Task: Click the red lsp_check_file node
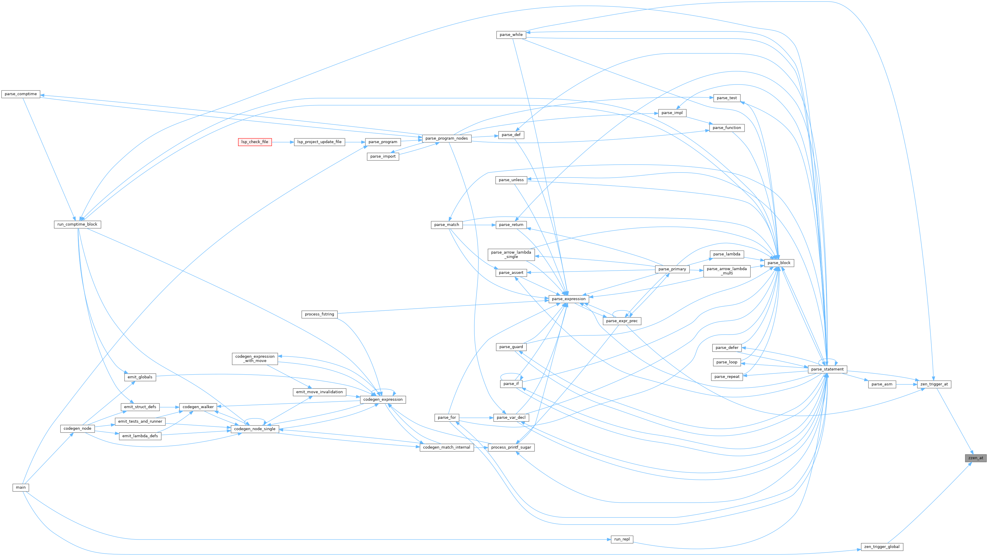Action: [x=255, y=142]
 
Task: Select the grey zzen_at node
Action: [x=975, y=458]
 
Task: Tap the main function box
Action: [x=21, y=487]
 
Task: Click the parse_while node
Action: [x=511, y=34]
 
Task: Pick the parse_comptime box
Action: [x=21, y=94]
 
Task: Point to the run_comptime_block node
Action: [x=77, y=224]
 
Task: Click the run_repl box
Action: [x=622, y=539]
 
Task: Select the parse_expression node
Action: [x=568, y=299]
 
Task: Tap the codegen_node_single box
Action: [x=255, y=429]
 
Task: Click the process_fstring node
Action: [x=319, y=314]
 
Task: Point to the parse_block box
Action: [x=779, y=263]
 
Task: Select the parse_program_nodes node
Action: [x=446, y=138]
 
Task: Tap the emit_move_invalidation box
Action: [x=319, y=392]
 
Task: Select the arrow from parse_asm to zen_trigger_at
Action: [x=906, y=384]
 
